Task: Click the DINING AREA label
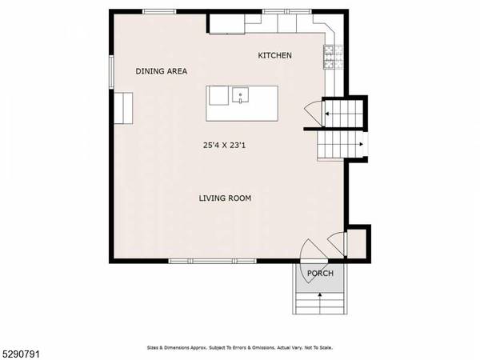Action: (x=161, y=71)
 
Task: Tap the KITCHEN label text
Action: (x=274, y=55)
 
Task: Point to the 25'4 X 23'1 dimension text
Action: (x=225, y=145)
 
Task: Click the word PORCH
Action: (x=319, y=274)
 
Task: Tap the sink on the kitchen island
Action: (x=238, y=97)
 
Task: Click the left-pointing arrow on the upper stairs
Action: (x=330, y=114)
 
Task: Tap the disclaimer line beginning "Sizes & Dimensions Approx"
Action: (x=239, y=348)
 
